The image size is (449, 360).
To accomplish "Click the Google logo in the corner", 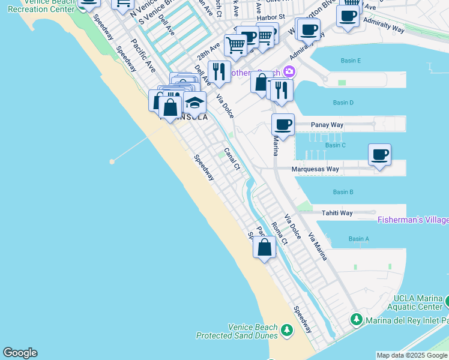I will pyautogui.click(x=20, y=353).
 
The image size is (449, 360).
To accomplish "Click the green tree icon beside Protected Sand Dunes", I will pyautogui.click(x=287, y=330).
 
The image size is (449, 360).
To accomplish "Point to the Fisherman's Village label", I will pyautogui.click(x=413, y=220).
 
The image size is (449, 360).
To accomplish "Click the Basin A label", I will pyautogui.click(x=358, y=239).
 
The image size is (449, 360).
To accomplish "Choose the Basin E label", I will pyautogui.click(x=351, y=61).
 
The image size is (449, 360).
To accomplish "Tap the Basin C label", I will pyautogui.click(x=335, y=145).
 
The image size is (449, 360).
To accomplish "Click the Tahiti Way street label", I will pyautogui.click(x=337, y=213).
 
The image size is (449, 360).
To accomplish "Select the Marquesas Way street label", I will pyautogui.click(x=315, y=169).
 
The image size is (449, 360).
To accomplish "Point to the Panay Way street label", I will pyautogui.click(x=327, y=125).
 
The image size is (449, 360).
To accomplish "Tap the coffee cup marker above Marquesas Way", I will pyautogui.click(x=379, y=155).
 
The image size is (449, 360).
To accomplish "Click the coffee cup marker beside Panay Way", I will pyautogui.click(x=283, y=125).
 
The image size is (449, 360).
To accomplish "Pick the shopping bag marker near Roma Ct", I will pyautogui.click(x=264, y=247).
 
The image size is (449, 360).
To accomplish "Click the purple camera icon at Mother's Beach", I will pyautogui.click(x=289, y=72).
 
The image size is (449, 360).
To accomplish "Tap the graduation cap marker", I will pyautogui.click(x=194, y=103).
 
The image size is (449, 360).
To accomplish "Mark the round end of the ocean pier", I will pyautogui.click(x=112, y=161).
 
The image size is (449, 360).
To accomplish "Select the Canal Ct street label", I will pyautogui.click(x=232, y=158).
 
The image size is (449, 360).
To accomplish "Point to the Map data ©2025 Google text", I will pyautogui.click(x=412, y=355).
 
